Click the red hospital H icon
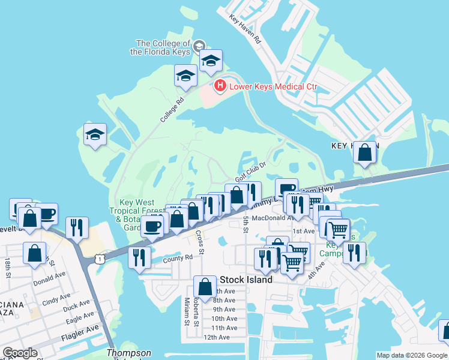[x=220, y=87]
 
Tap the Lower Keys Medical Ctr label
[x=273, y=87]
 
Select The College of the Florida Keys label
[x=163, y=47]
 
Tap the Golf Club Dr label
[x=250, y=173]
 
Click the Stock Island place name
[x=246, y=280]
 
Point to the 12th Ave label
[x=217, y=337]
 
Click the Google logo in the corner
[x=20, y=352]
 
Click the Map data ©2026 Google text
[x=411, y=355]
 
